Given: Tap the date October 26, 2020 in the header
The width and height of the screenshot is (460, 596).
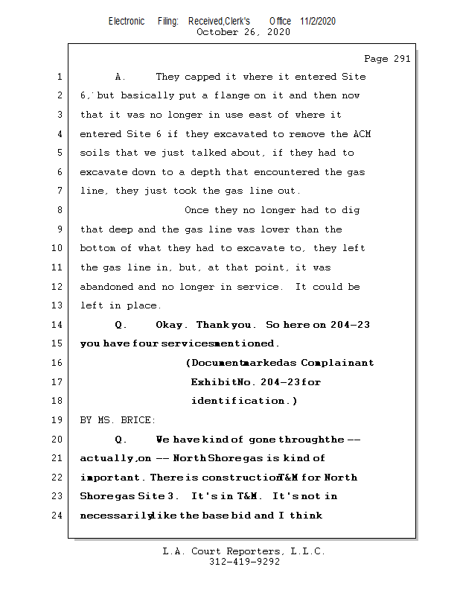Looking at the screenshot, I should click(x=243, y=32).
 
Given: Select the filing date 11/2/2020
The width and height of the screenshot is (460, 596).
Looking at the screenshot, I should click(x=319, y=21).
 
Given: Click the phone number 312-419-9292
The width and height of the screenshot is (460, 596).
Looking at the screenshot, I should click(x=244, y=562).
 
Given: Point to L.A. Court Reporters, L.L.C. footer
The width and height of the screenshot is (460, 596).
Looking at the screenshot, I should click(x=243, y=552).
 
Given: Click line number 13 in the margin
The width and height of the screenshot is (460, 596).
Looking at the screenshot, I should click(x=59, y=305).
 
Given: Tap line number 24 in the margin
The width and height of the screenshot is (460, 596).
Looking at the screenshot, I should click(x=59, y=516).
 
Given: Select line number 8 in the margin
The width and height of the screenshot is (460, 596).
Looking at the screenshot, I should click(x=59, y=210).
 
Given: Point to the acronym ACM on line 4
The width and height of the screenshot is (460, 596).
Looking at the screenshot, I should click(x=361, y=134).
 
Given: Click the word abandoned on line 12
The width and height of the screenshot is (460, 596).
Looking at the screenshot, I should click(x=106, y=287).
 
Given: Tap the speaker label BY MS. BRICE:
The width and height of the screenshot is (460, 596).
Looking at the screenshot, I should click(x=118, y=420).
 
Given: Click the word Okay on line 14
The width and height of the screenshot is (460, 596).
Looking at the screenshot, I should click(x=171, y=325).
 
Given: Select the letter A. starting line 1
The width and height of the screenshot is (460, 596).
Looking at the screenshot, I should click(x=120, y=77).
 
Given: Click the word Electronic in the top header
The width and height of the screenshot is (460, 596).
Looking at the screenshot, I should click(x=127, y=21).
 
